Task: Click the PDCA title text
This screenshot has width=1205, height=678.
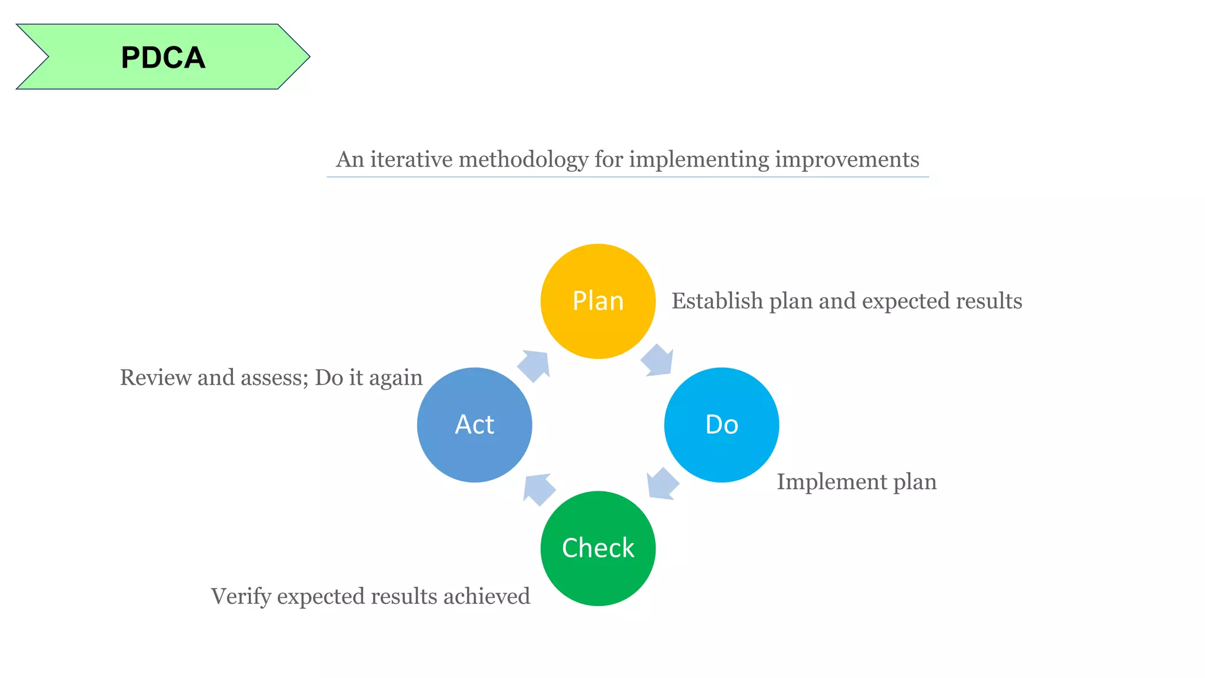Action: [x=163, y=58]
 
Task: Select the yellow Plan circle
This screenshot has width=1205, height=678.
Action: [x=598, y=301]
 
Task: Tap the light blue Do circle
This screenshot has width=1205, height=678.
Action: [x=721, y=424]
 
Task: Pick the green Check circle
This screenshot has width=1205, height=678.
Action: [x=598, y=548]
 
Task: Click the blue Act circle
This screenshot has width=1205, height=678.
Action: [x=474, y=424]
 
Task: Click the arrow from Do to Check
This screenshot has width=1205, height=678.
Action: [x=662, y=484]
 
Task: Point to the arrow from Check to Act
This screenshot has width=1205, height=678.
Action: [x=538, y=489]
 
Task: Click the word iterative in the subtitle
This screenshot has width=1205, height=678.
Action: [x=411, y=159]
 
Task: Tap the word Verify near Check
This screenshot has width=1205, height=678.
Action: [x=241, y=596]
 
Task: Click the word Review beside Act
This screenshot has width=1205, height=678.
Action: [x=156, y=377]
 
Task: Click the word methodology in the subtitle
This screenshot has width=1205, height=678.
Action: [x=523, y=159]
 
